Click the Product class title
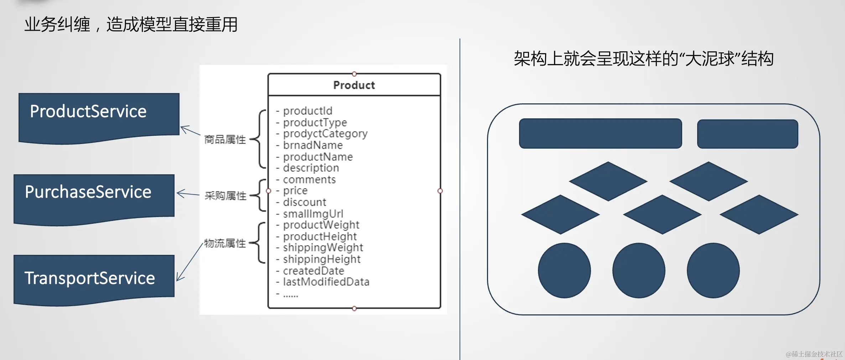pos(354,85)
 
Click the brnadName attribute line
pos(309,145)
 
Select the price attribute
pos(292,191)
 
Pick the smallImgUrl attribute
pos(310,214)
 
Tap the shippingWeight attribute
pos(320,247)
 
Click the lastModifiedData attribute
pos(323,282)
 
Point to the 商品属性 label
pos(225,139)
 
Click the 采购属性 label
pos(225,195)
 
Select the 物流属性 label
pos(225,243)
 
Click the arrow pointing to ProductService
pos(191,130)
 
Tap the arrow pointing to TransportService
pos(190,262)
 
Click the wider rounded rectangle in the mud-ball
pos(600,133)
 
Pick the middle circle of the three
pos(639,270)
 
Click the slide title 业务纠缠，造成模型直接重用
pos(131,25)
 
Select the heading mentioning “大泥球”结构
pos(643,58)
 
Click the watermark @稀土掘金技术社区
pos(814,354)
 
